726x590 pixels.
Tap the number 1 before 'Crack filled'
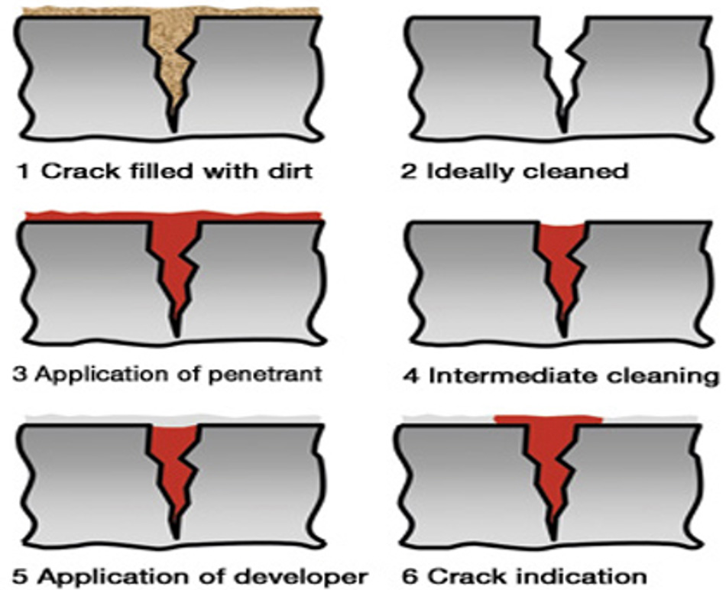[x=21, y=171]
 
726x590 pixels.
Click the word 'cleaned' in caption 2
[x=575, y=171]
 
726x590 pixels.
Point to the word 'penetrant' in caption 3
[x=264, y=374]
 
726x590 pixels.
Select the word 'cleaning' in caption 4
[x=663, y=376]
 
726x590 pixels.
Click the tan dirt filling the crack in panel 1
[x=172, y=56]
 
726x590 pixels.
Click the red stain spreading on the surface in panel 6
[x=549, y=420]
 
